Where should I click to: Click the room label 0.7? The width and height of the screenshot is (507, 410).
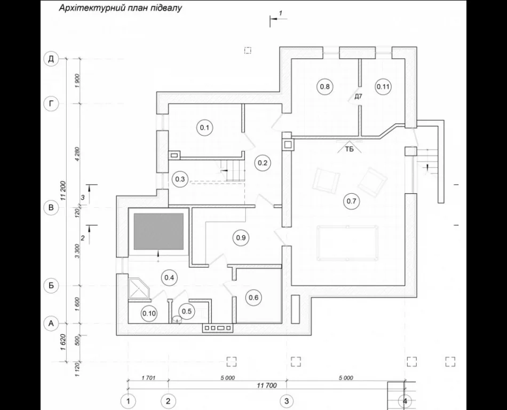(x=351, y=201)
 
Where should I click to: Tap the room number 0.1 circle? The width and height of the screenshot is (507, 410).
(x=204, y=128)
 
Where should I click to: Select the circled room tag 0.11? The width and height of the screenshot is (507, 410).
(x=383, y=86)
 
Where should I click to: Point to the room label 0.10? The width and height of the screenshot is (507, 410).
(x=149, y=313)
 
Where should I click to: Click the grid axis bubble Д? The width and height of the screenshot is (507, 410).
(x=51, y=59)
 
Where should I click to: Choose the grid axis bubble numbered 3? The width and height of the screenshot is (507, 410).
(x=287, y=401)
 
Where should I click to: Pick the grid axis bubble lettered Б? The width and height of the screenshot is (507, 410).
(x=51, y=286)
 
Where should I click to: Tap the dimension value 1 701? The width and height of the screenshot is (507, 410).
(x=148, y=377)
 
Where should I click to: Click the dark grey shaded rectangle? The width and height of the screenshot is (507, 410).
(x=159, y=231)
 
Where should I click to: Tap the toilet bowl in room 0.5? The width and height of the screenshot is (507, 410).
(x=177, y=319)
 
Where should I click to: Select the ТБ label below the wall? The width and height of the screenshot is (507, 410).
(x=349, y=149)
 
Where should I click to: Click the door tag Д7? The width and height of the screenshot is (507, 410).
(x=358, y=96)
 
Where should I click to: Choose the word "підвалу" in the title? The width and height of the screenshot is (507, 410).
(x=165, y=8)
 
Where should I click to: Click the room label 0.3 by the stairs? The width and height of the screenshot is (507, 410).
(x=180, y=179)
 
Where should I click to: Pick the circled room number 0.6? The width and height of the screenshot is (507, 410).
(x=253, y=297)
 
